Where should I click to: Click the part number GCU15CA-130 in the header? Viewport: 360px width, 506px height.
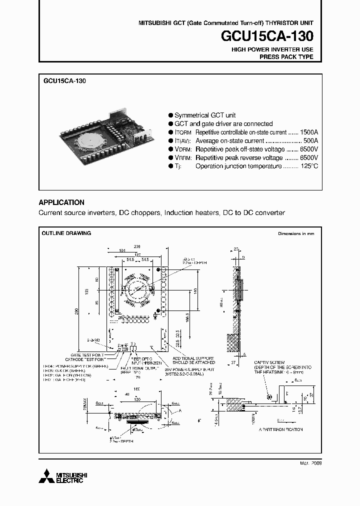click(268, 36)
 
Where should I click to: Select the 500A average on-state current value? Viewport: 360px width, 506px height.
click(311, 141)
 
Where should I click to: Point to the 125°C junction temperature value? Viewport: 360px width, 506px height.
click(308, 166)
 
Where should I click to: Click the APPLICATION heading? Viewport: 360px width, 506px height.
click(61, 202)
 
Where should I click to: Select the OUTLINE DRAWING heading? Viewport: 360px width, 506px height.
click(66, 233)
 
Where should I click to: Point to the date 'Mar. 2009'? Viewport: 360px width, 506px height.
click(310, 463)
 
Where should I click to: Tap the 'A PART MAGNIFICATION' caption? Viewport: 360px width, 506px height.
click(280, 429)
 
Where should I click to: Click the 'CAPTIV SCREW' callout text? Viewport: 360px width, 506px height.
click(269, 362)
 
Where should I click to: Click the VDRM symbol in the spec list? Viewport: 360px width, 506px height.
click(180, 149)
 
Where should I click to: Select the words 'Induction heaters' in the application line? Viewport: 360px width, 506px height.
click(191, 212)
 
